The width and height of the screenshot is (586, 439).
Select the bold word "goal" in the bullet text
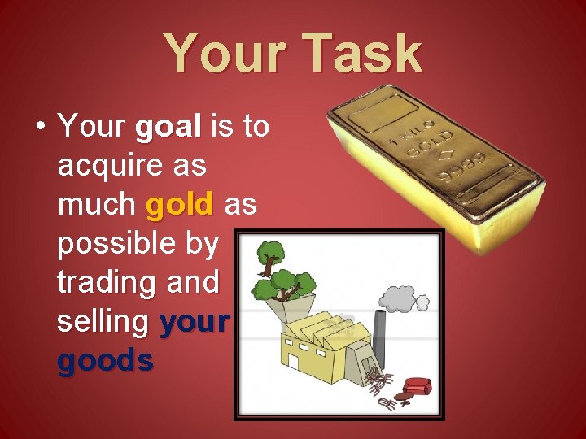[168, 127]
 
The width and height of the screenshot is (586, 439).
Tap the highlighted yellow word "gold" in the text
[179, 205]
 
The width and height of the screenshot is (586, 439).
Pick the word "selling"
[103, 322]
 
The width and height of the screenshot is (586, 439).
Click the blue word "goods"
[105, 360]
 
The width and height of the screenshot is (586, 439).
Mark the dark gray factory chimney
[379, 337]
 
